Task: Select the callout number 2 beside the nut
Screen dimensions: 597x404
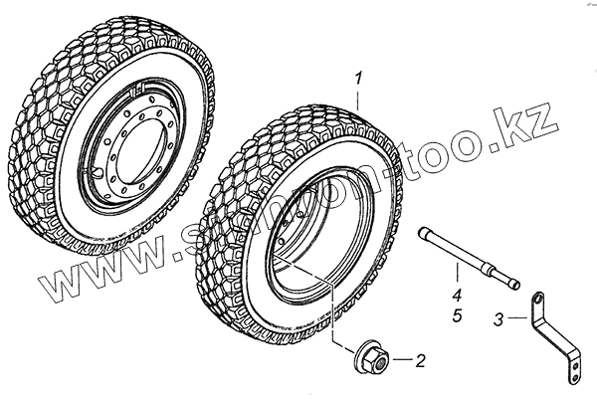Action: pos(420,360)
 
